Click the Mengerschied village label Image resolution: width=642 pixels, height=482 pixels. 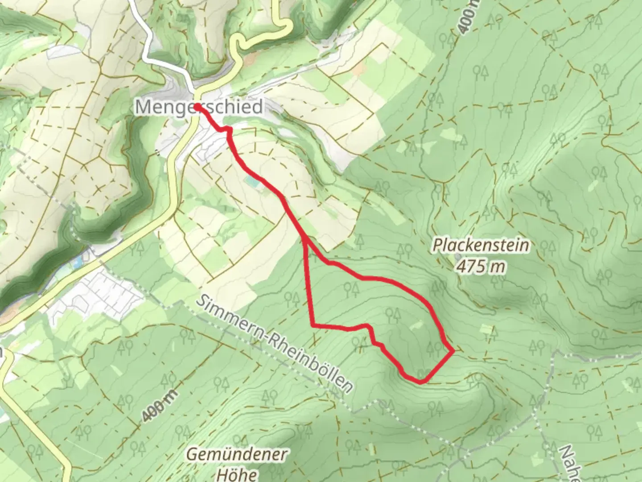click(x=199, y=108)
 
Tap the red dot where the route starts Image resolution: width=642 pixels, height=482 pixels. click(x=196, y=107)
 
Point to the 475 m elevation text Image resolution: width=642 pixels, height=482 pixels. click(x=481, y=266)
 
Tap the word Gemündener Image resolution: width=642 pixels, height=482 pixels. click(x=237, y=455)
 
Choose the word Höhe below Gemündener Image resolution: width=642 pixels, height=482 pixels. click(x=237, y=474)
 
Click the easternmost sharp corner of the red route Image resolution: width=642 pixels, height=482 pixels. click(x=453, y=351)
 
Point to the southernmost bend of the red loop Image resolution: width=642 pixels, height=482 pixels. click(x=420, y=382)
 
